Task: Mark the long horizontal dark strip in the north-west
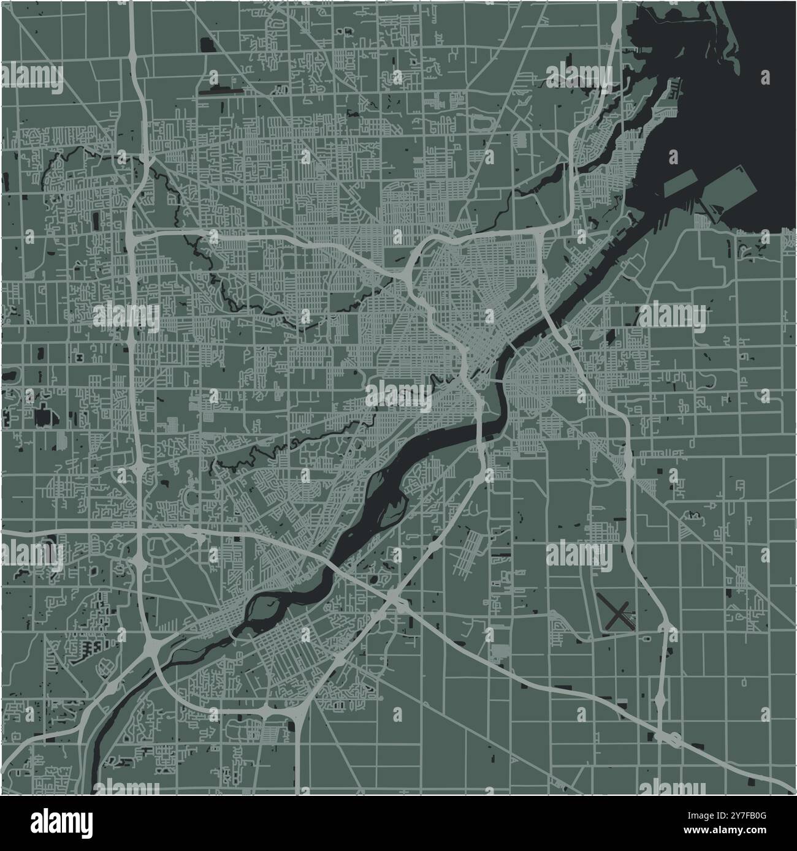pyautogui.click(x=221, y=93)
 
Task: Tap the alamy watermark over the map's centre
pyautogui.click(x=399, y=394)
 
